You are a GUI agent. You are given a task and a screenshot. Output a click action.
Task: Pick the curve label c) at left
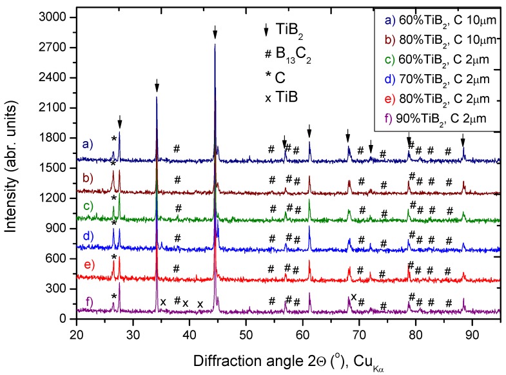click(x=89, y=206)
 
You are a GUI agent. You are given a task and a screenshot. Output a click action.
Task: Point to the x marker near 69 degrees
click(x=354, y=296)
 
